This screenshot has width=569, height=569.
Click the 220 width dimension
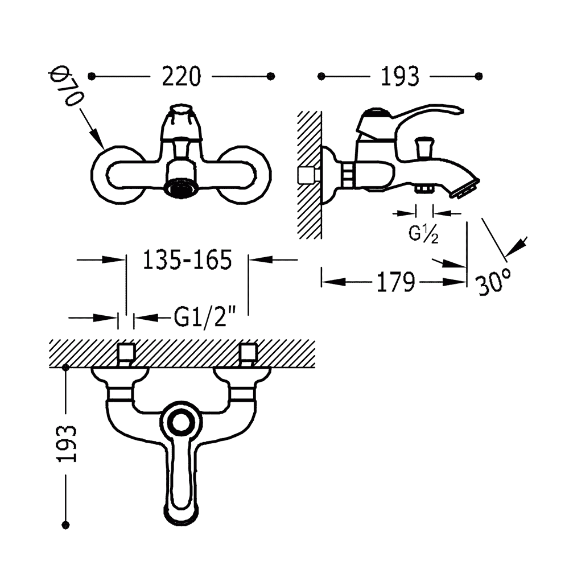(x=181, y=77)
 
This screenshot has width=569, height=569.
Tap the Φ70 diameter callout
(x=67, y=87)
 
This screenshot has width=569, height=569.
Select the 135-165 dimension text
(x=187, y=260)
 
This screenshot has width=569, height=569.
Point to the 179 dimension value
(x=395, y=282)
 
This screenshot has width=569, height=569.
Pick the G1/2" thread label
(x=205, y=317)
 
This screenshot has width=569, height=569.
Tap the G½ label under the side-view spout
(x=423, y=234)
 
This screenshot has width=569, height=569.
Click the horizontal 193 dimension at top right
(x=399, y=77)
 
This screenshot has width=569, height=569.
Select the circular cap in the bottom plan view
(x=180, y=423)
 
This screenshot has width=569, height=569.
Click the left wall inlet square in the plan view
(x=126, y=353)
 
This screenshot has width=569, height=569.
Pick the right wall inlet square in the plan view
(x=248, y=353)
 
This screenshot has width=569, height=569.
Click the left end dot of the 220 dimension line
(x=92, y=76)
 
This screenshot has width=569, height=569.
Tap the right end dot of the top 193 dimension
(x=479, y=76)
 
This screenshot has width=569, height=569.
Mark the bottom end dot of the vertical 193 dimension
(x=65, y=525)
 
